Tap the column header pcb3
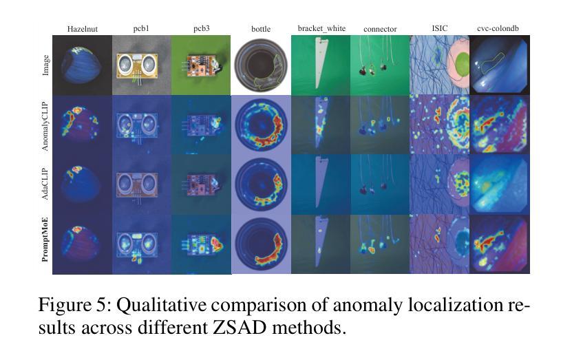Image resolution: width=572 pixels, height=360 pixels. pyautogui.click(x=201, y=29)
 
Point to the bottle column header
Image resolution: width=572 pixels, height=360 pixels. pyautogui.click(x=262, y=30)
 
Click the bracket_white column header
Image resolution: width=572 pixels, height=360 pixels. pyautogui.click(x=321, y=29)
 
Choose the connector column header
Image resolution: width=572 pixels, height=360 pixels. pyautogui.click(x=380, y=29)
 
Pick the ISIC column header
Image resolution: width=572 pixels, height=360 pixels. pyautogui.click(x=439, y=29)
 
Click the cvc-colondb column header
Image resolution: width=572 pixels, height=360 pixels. pyautogui.click(x=500, y=29)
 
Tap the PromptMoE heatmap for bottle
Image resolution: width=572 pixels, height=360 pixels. pyautogui.click(x=261, y=244)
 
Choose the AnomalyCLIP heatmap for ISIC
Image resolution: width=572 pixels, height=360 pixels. pyautogui.click(x=439, y=125)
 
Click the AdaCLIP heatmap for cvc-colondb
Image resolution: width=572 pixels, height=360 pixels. pyautogui.click(x=500, y=184)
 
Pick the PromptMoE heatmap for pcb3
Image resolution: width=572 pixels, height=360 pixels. pyautogui.click(x=201, y=244)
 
